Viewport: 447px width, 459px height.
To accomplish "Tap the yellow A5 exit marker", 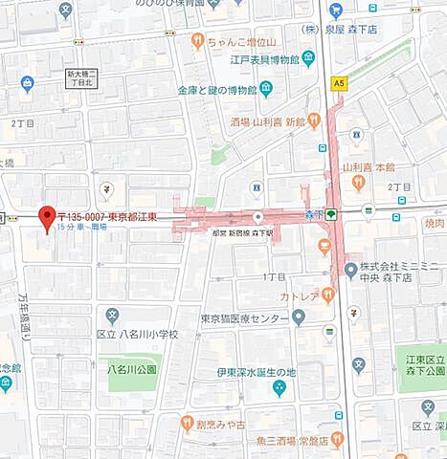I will [339, 83].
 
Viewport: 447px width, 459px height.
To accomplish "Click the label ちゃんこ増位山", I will [239, 41].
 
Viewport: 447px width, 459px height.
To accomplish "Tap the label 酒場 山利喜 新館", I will [267, 123].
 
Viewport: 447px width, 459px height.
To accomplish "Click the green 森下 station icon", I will [331, 214].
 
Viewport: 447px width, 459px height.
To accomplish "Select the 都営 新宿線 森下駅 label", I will [243, 232].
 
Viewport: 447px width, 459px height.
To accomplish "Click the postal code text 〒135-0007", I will [83, 215].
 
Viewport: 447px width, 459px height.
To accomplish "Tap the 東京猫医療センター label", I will [244, 318].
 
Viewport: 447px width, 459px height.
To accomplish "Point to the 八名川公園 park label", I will [132, 369].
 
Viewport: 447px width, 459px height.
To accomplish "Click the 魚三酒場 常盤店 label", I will [279, 441].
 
